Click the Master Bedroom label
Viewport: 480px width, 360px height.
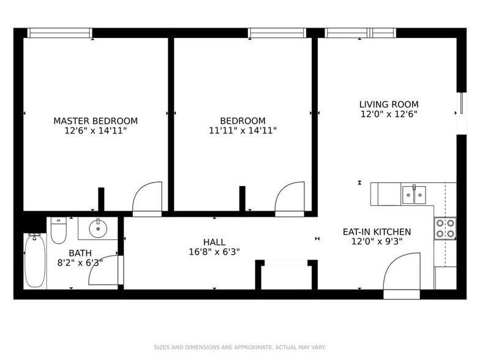pyautogui.click(x=96, y=121)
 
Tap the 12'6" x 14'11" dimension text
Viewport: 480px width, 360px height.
pyautogui.click(x=96, y=130)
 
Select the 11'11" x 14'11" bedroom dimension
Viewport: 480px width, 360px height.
pyautogui.click(x=243, y=130)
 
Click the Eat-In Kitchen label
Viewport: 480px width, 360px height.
pyautogui.click(x=377, y=232)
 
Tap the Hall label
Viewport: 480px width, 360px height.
pyautogui.click(x=214, y=242)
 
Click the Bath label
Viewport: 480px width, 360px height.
pyautogui.click(x=80, y=252)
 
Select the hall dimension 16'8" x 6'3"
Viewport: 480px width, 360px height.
pyautogui.click(x=214, y=252)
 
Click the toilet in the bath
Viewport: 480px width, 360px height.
pyautogui.click(x=59, y=230)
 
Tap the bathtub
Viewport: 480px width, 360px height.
pyautogui.click(x=34, y=261)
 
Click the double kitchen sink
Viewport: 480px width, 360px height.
pyautogui.click(x=414, y=195)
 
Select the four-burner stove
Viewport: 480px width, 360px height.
pyautogui.click(x=444, y=228)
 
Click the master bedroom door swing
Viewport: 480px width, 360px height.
pyautogui.click(x=148, y=197)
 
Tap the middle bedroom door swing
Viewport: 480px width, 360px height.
pyautogui.click(x=290, y=197)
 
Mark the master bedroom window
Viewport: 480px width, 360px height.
pyautogui.click(x=60, y=33)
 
